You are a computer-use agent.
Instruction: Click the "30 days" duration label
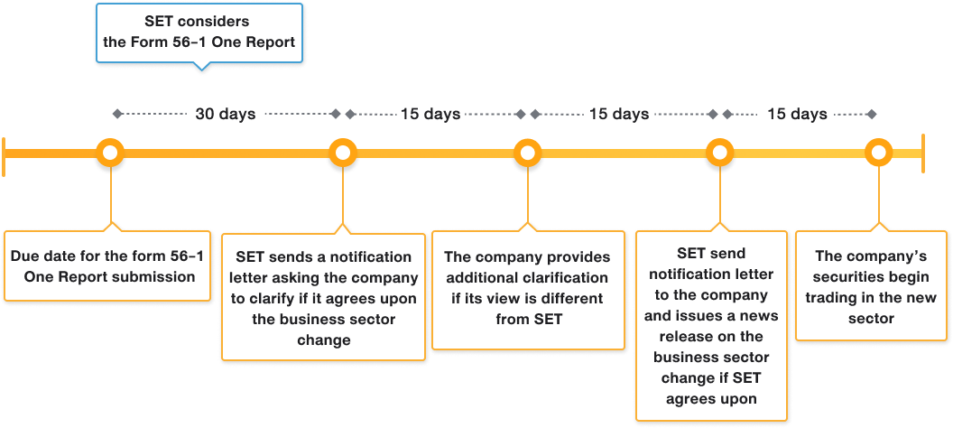point(225,115)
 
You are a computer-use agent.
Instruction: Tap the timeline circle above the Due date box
point(110,152)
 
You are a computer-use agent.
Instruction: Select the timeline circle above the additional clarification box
point(527,152)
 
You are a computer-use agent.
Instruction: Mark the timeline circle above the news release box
point(719,152)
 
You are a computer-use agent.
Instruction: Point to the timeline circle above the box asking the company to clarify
point(342,152)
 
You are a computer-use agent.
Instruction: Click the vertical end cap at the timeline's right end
point(922,152)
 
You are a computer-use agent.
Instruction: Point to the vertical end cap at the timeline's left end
point(5,152)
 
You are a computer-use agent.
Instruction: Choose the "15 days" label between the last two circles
point(797,115)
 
